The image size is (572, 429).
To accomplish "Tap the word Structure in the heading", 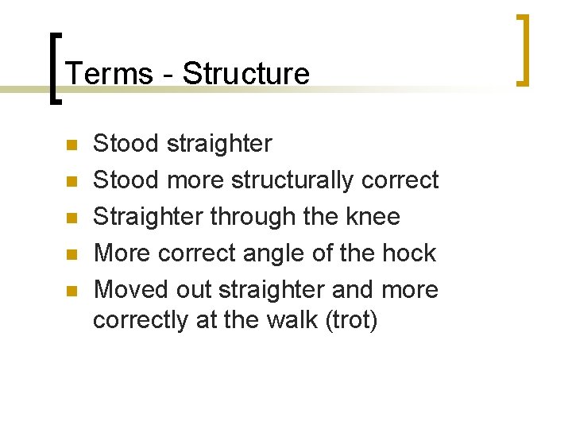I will pos(245,74).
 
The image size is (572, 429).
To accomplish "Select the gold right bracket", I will pos(523,49).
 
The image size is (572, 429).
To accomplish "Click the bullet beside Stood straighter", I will pos(71,145).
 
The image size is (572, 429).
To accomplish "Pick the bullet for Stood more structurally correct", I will pos(71,182).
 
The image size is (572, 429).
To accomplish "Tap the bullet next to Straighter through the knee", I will pos(71,218).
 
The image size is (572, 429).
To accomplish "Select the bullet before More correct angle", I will pos(71,255).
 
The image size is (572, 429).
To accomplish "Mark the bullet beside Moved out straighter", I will pos(71,292).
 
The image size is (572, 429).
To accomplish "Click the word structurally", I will pos(293,181).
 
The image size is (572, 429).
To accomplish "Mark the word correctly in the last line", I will pos(141,321).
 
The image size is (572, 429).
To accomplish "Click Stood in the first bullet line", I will pos(126,144).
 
